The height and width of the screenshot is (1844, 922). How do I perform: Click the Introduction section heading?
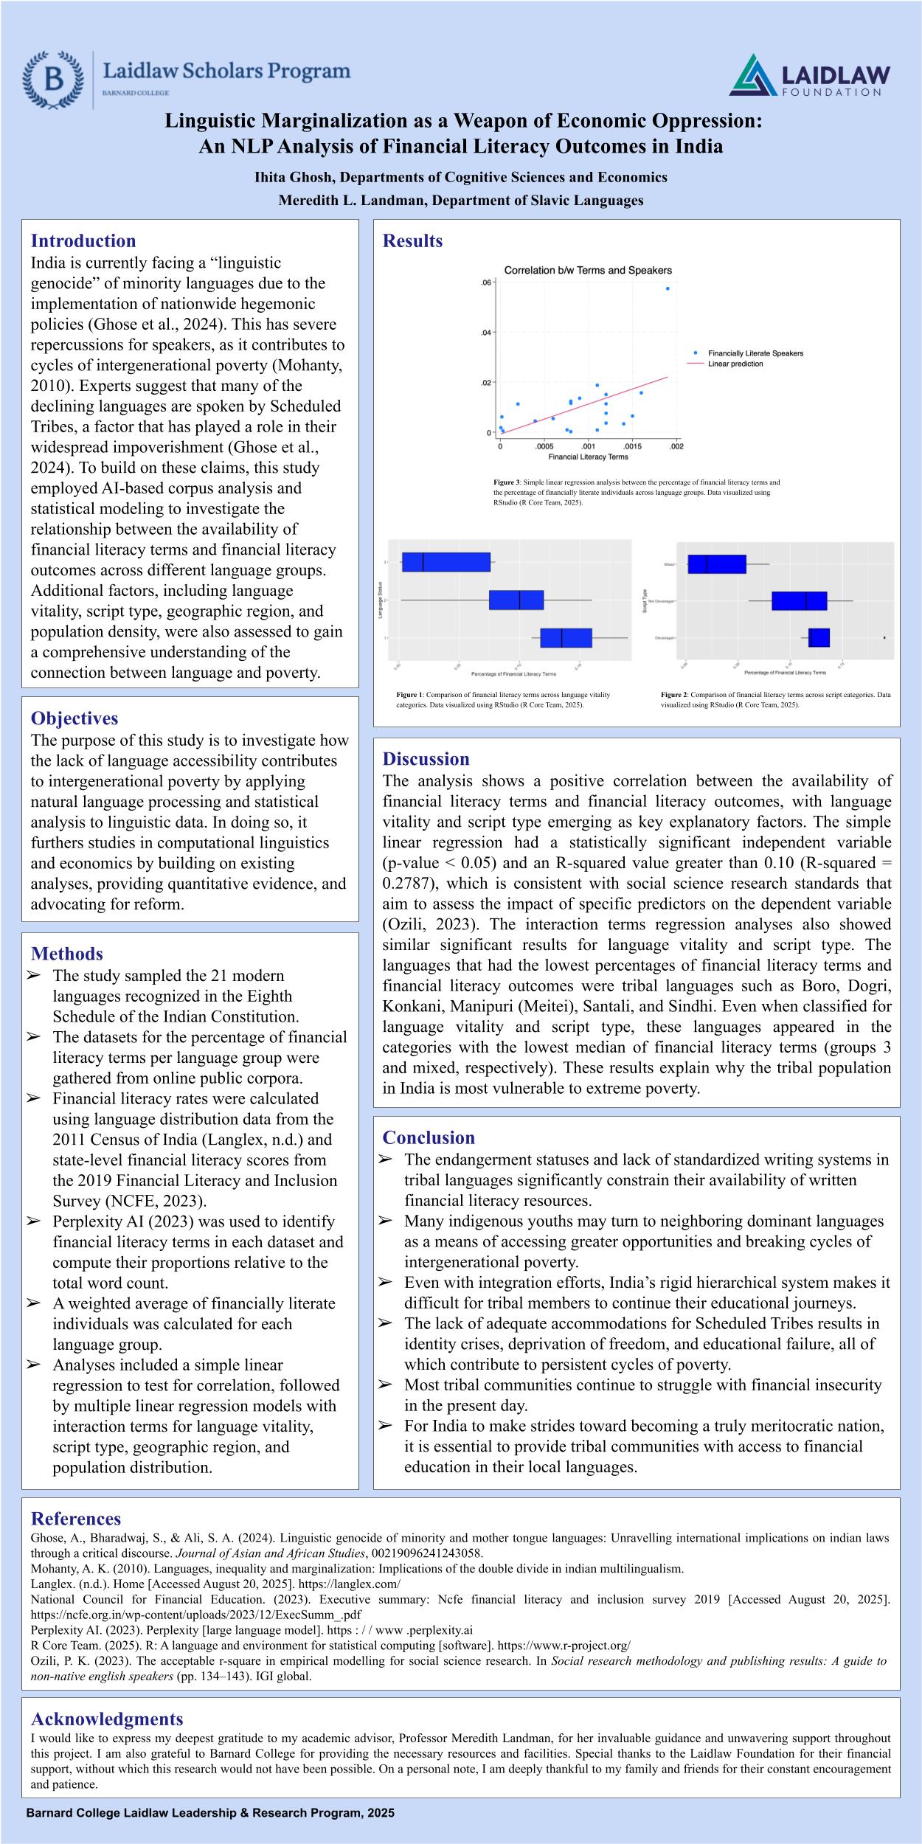[x=83, y=241]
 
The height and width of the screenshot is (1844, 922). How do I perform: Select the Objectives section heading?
[x=74, y=718]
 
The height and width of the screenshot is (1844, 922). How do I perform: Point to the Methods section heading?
[x=67, y=954]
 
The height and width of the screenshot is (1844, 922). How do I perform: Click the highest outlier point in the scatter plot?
[x=668, y=288]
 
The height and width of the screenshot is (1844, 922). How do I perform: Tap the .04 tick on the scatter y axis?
[x=486, y=333]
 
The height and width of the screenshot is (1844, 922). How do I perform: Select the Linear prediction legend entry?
[x=735, y=364]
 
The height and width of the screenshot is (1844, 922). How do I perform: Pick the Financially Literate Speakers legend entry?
[x=755, y=353]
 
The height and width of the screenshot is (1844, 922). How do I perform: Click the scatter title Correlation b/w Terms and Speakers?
[x=588, y=271]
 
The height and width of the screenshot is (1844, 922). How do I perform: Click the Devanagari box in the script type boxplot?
[x=819, y=637]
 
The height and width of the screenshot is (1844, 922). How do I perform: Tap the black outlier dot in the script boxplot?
[x=884, y=637]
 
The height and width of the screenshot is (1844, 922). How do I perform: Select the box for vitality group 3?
[x=446, y=562]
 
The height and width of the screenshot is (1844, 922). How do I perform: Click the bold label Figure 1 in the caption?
[x=409, y=695]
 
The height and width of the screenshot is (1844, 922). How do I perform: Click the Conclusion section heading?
[x=429, y=1137]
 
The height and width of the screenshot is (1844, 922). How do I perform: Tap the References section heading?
[x=76, y=1519]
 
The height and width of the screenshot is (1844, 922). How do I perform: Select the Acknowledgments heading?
[x=107, y=1719]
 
